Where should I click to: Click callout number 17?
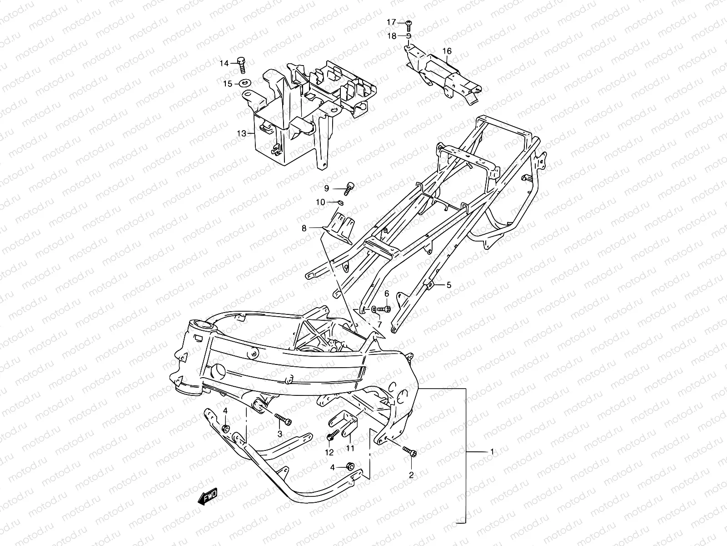pyautogui.click(x=391, y=22)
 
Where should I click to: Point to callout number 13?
pyautogui.click(x=241, y=133)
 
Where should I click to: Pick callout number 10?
pyautogui.click(x=321, y=202)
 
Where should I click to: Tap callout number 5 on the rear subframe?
pyautogui.click(x=448, y=285)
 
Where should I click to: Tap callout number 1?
pyautogui.click(x=491, y=451)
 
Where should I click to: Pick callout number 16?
pyautogui.click(x=447, y=51)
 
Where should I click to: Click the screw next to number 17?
pyautogui.click(x=408, y=22)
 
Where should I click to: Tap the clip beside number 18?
pyautogui.click(x=408, y=36)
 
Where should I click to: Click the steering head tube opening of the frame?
pyautogui.click(x=204, y=325)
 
